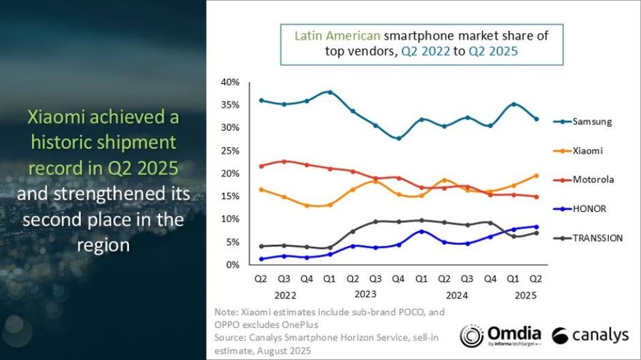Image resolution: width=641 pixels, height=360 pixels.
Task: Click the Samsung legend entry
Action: click(x=591, y=121)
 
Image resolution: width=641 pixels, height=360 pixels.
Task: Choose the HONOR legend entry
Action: click(x=588, y=209)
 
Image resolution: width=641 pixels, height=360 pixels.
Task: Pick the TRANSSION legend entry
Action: click(x=597, y=238)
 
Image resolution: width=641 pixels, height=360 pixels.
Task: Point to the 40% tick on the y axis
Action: click(x=230, y=82)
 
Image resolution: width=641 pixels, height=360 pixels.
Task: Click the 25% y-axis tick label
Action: click(x=230, y=151)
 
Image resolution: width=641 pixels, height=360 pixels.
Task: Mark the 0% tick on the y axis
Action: click(x=233, y=265)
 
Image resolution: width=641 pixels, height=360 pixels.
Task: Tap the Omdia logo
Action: click(x=501, y=335)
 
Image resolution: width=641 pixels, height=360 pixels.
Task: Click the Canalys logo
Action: click(x=590, y=335)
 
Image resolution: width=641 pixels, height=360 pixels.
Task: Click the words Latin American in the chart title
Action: click(x=338, y=34)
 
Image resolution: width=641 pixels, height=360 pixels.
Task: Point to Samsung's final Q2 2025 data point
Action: click(x=537, y=119)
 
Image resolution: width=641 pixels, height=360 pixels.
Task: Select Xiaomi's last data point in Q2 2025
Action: click(x=537, y=176)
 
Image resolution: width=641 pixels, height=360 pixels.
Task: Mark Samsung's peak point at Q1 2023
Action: click(x=329, y=92)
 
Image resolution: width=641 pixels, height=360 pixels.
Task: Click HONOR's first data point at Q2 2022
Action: click(x=260, y=259)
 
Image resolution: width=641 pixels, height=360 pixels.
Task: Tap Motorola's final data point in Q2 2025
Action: click(x=537, y=197)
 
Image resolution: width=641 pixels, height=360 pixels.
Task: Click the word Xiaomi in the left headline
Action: click(x=59, y=117)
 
